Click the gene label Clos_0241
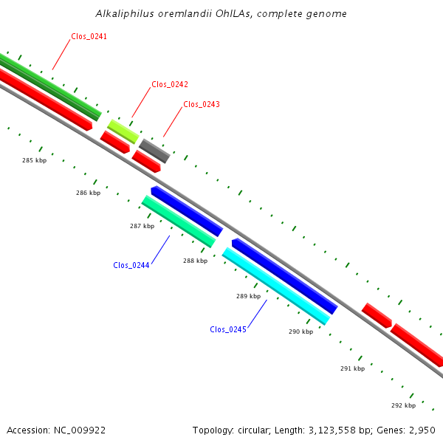(x=89, y=36)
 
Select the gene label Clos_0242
(x=170, y=84)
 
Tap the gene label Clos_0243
(x=202, y=104)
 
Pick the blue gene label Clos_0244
(x=131, y=265)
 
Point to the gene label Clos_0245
(x=228, y=329)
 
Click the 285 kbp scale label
(x=34, y=160)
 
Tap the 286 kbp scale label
(x=88, y=193)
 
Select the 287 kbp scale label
(x=142, y=226)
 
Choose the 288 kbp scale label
(x=195, y=261)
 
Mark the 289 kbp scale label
(x=248, y=296)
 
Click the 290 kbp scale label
(x=301, y=332)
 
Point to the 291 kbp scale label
(x=352, y=368)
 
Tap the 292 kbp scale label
(x=403, y=405)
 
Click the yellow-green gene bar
(x=123, y=131)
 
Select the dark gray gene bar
(x=154, y=151)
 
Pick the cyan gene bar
(x=275, y=286)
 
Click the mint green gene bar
(x=179, y=221)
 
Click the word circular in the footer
(x=250, y=430)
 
